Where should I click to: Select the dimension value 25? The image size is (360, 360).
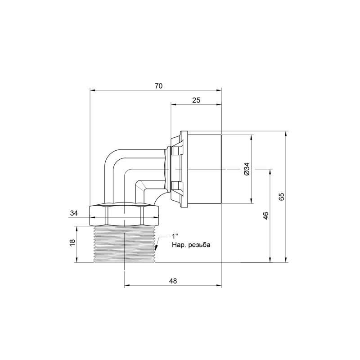pyautogui.click(x=196, y=100)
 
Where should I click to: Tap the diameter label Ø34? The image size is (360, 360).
pyautogui.click(x=246, y=169)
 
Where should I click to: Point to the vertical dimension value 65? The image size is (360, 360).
pyautogui.click(x=281, y=197)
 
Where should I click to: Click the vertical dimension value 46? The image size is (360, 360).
pyautogui.click(x=265, y=216)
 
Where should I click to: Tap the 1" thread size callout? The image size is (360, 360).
pyautogui.click(x=175, y=237)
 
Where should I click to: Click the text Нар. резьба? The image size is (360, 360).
pyautogui.click(x=190, y=245)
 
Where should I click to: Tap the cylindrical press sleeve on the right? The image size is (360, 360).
pyautogui.click(x=205, y=169)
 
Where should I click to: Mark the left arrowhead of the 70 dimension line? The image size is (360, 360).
pyautogui.click(x=92, y=90)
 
